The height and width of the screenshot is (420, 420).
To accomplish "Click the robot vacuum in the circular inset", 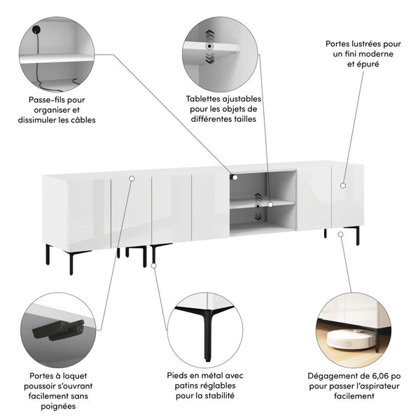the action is point(351,339).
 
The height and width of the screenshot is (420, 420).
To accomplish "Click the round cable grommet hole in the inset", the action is point(36,29).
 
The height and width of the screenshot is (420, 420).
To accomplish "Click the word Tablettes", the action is point(204,99).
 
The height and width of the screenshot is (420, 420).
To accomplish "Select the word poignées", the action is point(58,406).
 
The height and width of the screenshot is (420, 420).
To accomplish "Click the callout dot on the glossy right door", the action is point(343,185).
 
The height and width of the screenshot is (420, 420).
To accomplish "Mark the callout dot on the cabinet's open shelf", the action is point(270,204).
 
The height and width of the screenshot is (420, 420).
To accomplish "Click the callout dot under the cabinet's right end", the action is point(340,234).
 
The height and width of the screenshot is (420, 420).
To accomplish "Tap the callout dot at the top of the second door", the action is point(132,178).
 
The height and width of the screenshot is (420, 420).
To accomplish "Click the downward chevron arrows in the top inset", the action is point(210,58).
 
